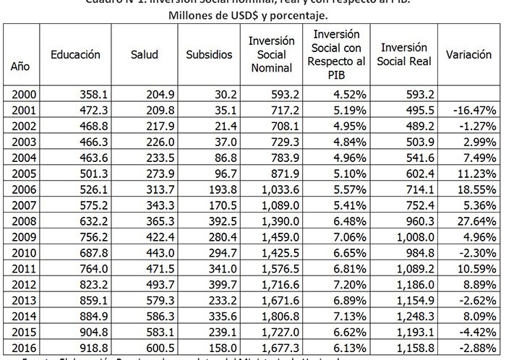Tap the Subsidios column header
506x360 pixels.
pos(208,55)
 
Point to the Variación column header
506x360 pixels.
pos(469,55)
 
